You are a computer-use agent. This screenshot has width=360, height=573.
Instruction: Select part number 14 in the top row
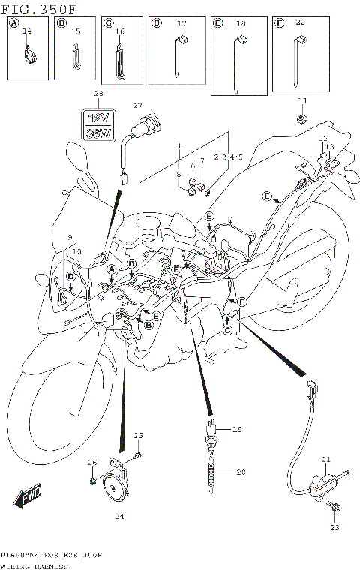point(28,31)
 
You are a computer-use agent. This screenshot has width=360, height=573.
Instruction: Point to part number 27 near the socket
point(137,105)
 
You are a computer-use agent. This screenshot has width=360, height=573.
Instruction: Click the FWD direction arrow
point(28,496)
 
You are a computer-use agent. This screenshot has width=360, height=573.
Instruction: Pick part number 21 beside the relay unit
point(325,459)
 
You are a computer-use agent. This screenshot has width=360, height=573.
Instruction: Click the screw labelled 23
point(332,510)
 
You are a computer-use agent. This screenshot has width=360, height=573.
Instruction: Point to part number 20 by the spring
point(241,472)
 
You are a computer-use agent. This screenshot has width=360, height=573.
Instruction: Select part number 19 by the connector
point(238,430)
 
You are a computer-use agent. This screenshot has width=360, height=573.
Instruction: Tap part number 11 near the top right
point(302,100)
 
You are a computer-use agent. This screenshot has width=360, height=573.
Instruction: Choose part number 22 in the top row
point(300,23)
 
